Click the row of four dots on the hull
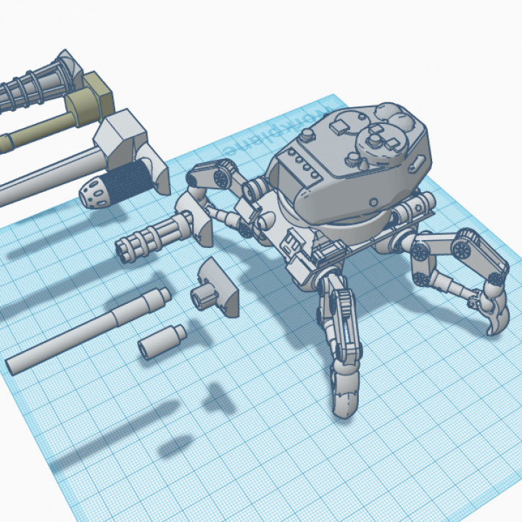click(x=302, y=163)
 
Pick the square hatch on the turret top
click(x=339, y=129)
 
